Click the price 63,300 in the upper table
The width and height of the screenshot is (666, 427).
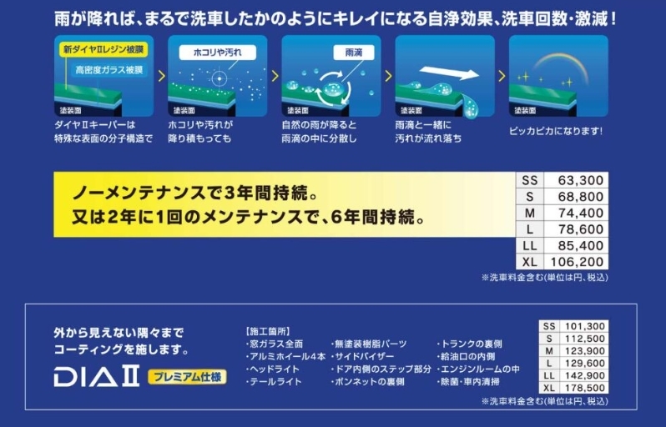tap(580, 180)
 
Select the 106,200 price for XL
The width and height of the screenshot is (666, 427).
tap(577, 262)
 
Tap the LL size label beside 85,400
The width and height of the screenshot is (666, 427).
tap(530, 246)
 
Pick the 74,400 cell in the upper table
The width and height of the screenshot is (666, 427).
tap(580, 213)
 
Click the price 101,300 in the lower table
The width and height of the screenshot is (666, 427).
tap(584, 326)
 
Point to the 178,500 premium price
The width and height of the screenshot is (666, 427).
tap(584, 388)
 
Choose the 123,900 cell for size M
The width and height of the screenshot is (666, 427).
tap(584, 351)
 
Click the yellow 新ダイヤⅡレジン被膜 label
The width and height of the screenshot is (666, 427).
tap(103, 49)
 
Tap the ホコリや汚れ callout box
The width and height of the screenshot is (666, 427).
tap(218, 53)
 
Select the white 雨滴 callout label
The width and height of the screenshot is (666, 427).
tap(353, 53)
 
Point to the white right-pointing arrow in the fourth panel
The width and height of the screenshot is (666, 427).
tap(449, 73)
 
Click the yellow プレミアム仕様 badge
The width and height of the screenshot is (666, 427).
tap(187, 377)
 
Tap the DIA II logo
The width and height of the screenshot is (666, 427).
tap(97, 377)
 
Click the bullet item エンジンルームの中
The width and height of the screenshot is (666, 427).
tap(478, 369)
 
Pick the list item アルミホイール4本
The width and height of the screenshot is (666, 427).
tap(286, 357)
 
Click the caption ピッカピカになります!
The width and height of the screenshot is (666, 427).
tap(556, 131)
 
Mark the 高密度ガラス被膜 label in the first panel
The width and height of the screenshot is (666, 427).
tap(109, 70)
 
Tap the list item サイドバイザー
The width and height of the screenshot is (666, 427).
tap(363, 357)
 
